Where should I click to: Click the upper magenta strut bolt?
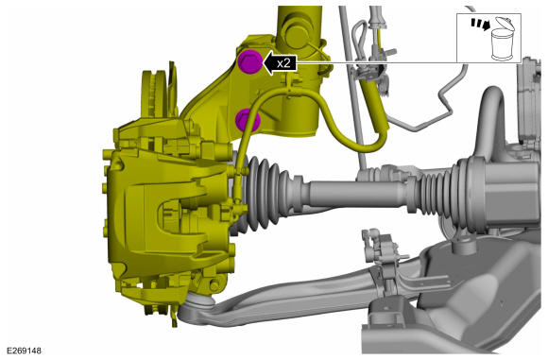(x=249, y=61)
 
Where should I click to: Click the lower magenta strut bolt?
(x=248, y=120)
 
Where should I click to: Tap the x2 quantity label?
(x=283, y=63)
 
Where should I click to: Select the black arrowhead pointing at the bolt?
(x=269, y=63)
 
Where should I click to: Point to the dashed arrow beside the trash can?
(x=480, y=24)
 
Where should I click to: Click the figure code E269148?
(x=24, y=351)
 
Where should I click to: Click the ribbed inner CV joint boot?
(x=437, y=191)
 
